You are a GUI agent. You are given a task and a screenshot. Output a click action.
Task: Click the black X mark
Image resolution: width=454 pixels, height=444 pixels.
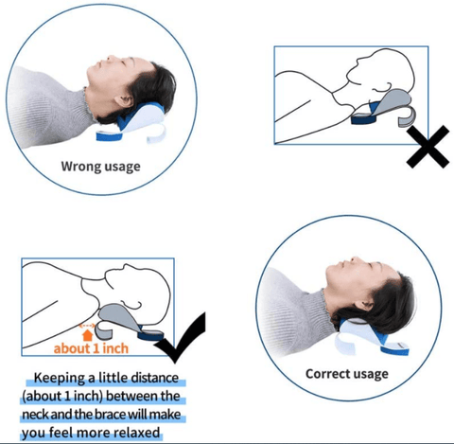(428, 147)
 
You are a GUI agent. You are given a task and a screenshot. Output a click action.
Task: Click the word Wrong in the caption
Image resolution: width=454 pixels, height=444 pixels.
(81, 167)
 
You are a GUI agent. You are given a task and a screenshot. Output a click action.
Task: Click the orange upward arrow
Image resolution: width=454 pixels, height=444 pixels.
(87, 335)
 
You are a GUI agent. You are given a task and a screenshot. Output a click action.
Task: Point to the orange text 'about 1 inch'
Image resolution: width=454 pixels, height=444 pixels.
(91, 348)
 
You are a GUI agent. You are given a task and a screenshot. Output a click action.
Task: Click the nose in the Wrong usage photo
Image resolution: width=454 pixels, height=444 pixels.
(111, 59)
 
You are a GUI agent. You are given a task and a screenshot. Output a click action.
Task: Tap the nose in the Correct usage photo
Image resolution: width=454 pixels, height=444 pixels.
(354, 259)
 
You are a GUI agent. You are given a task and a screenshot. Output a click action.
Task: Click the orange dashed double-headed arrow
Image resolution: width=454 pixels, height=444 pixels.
(87, 326)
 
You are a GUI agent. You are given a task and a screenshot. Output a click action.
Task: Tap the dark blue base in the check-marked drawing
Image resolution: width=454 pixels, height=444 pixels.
(150, 335)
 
